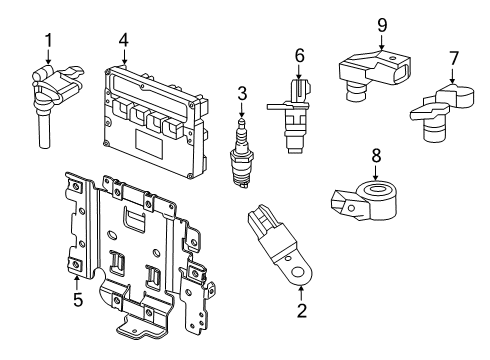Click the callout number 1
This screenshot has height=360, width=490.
(47, 40)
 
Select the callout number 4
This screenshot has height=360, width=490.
(122, 40)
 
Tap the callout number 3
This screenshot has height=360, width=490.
(241, 93)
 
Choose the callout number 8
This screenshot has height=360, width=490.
(376, 156)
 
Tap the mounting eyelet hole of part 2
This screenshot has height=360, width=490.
(297, 268)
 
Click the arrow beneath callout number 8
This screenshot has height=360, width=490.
(376, 172)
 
